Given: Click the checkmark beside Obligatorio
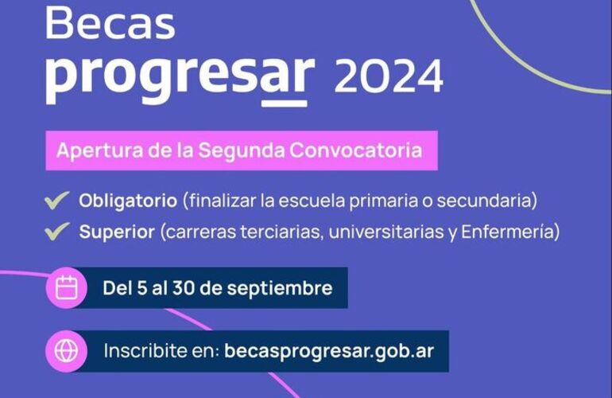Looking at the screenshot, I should point(56,200).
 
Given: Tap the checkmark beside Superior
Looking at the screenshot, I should point(56,232).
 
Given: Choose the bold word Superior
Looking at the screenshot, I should point(116,232).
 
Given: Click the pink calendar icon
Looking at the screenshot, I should point(66,287).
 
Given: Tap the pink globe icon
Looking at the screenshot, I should point(66,351).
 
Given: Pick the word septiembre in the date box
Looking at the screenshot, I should point(283,287).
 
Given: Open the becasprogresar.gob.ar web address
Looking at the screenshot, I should point(330,351).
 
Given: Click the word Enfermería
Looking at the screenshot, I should point(516,232).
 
